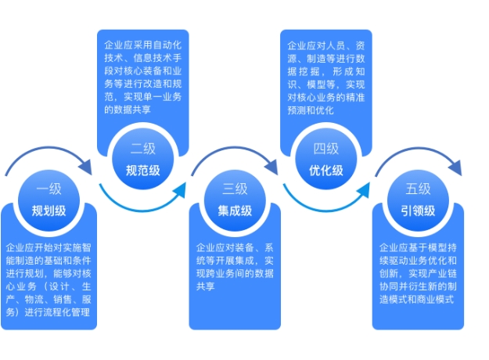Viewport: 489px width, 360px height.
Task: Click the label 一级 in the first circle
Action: click(x=49, y=189)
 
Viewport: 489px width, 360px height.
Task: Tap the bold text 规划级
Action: click(x=49, y=211)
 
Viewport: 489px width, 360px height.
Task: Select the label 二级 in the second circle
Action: click(x=143, y=149)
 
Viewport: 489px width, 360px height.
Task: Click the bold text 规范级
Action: click(x=143, y=171)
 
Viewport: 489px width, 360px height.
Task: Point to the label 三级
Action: click(x=235, y=189)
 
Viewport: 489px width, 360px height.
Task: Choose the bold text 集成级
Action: click(x=235, y=211)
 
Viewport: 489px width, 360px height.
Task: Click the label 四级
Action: click(x=326, y=149)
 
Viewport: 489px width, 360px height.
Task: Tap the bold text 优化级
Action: click(x=326, y=171)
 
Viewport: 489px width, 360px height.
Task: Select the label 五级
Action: click(x=418, y=189)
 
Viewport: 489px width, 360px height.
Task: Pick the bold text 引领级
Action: click(x=418, y=211)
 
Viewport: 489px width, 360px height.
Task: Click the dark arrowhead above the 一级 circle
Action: click(x=86, y=167)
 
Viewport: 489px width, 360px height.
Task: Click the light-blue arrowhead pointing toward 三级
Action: click(x=180, y=189)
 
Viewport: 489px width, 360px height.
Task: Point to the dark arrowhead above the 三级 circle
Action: click(x=271, y=167)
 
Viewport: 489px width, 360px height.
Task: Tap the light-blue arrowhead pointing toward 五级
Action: click(x=364, y=189)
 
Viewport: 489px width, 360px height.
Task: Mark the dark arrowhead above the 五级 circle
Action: click(x=455, y=167)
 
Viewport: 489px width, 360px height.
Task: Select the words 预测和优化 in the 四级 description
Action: click(x=311, y=110)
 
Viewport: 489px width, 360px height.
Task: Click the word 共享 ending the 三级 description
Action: click(x=206, y=286)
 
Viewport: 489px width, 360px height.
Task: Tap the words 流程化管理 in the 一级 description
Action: click(x=67, y=312)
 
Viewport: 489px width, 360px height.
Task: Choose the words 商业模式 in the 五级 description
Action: click(x=435, y=300)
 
